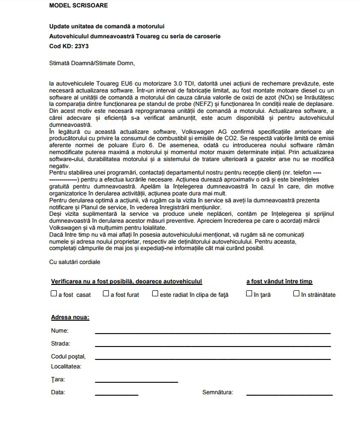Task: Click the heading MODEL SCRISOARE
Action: (78, 5)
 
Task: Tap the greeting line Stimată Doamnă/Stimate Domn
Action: (92, 63)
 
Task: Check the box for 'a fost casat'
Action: (54, 294)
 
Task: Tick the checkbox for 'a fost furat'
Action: (106, 294)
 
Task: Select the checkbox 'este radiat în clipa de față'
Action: (155, 294)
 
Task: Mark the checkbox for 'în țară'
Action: (249, 294)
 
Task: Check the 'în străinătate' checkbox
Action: (296, 294)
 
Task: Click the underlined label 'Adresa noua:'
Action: (70, 317)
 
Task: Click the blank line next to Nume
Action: (212, 332)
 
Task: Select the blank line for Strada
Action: (212, 346)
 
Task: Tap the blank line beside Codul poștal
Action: (212, 358)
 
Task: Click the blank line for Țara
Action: (136, 381)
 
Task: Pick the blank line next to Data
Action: (116, 395)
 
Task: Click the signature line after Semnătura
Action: (289, 395)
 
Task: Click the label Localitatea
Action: (66, 366)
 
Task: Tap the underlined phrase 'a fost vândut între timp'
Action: (279, 281)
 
